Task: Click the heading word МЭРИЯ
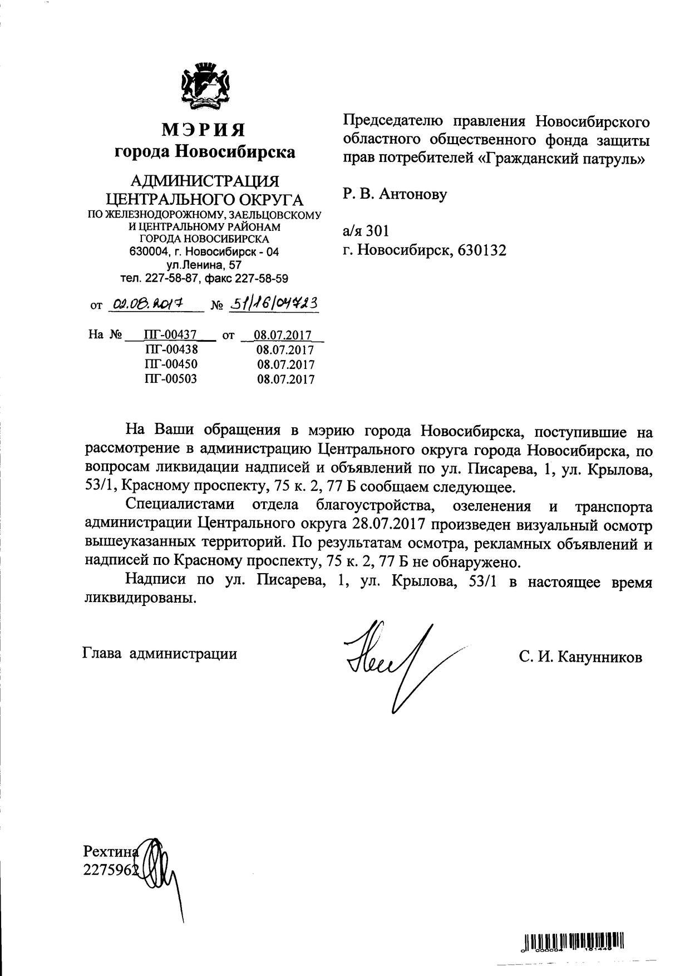204,130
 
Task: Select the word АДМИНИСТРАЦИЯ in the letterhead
204,181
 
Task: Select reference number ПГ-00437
170,335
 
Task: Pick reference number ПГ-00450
170,364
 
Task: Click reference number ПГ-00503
170,379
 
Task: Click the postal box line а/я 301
366,231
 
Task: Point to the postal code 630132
482,250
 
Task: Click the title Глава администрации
160,653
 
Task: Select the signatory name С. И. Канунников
580,657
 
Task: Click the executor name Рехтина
110,851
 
